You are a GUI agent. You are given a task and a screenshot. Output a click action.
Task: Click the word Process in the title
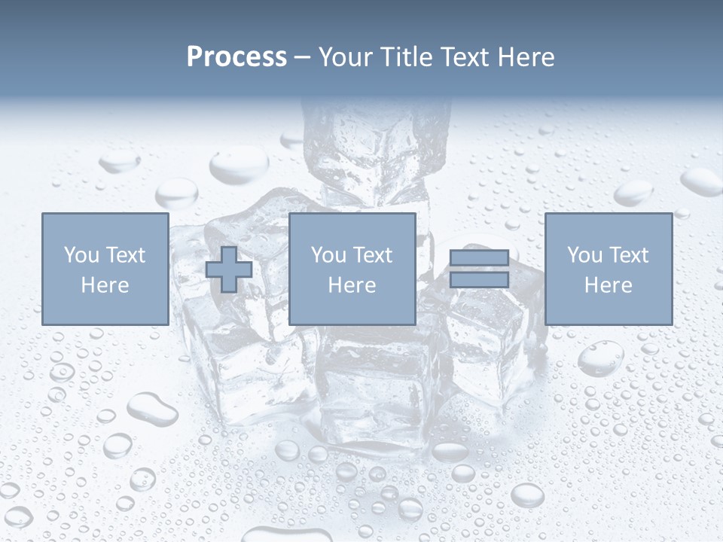click(236, 57)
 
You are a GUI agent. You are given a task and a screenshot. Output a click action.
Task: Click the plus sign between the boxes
click(229, 269)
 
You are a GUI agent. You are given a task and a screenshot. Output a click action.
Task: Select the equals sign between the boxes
click(479, 269)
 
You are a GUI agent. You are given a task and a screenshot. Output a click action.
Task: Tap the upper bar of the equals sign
click(479, 258)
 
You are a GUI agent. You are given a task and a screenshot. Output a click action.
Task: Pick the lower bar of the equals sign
click(479, 279)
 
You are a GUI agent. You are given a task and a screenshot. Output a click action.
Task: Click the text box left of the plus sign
click(105, 269)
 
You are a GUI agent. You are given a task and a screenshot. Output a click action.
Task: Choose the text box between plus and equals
click(352, 269)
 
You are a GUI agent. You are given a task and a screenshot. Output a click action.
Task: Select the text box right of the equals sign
click(608, 269)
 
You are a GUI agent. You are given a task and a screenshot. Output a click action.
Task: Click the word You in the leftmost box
click(81, 255)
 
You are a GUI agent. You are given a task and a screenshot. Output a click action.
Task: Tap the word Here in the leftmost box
click(105, 285)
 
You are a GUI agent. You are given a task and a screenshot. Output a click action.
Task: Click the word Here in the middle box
click(352, 285)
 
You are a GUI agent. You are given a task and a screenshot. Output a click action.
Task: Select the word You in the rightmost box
click(584, 255)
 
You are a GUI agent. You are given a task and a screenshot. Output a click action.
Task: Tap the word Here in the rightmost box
click(608, 285)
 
